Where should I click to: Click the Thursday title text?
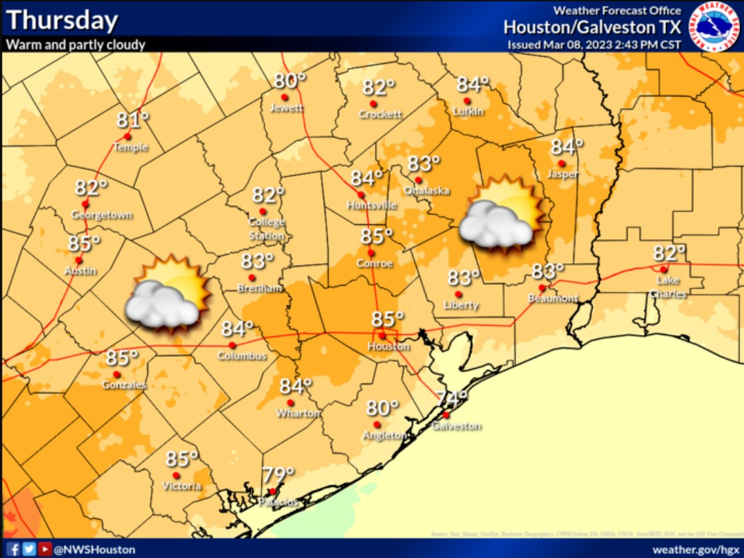(62, 20)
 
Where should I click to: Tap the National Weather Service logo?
(714, 27)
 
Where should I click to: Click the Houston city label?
(389, 346)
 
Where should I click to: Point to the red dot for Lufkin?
(467, 101)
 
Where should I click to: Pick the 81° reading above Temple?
(132, 120)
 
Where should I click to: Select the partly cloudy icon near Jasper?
(502, 213)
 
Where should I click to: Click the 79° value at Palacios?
(278, 475)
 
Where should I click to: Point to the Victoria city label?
(181, 486)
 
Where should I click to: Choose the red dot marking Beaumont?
(542, 288)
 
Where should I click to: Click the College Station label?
(266, 228)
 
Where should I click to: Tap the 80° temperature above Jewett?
(290, 81)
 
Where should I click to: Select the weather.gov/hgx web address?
(695, 549)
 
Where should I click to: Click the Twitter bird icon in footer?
(29, 549)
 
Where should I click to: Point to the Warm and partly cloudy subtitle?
(76, 45)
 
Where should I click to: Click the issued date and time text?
(595, 45)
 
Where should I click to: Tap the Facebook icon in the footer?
(13, 549)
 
